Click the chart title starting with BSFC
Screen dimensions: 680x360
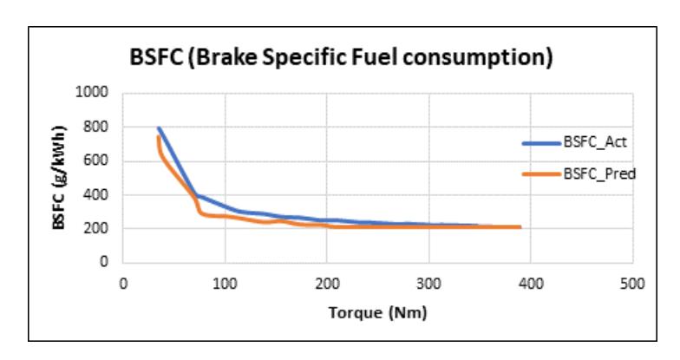[x=342, y=57]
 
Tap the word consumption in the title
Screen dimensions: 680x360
[x=478, y=57]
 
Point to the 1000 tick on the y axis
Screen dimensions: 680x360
[x=92, y=92]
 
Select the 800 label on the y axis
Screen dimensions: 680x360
[x=95, y=127]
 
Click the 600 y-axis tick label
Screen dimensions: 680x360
[x=95, y=160]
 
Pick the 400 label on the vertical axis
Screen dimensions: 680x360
[x=95, y=194]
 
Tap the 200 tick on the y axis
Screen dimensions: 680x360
[x=95, y=228]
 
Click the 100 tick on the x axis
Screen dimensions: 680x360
[x=226, y=285]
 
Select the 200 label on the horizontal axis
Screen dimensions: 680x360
[x=327, y=285]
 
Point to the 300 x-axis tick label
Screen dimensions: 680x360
[x=428, y=285]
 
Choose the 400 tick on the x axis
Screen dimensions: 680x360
[x=531, y=285]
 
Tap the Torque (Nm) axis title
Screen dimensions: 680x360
[x=378, y=312]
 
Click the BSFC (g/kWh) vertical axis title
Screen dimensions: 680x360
[x=59, y=177]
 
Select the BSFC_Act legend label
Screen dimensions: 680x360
[x=595, y=142]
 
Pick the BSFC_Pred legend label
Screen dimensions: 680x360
[x=599, y=173]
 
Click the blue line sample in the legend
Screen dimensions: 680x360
[x=541, y=142]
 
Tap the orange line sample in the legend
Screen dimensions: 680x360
[x=541, y=174]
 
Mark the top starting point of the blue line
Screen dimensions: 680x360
[x=158, y=128]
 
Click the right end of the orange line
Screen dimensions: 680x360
[x=520, y=227]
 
